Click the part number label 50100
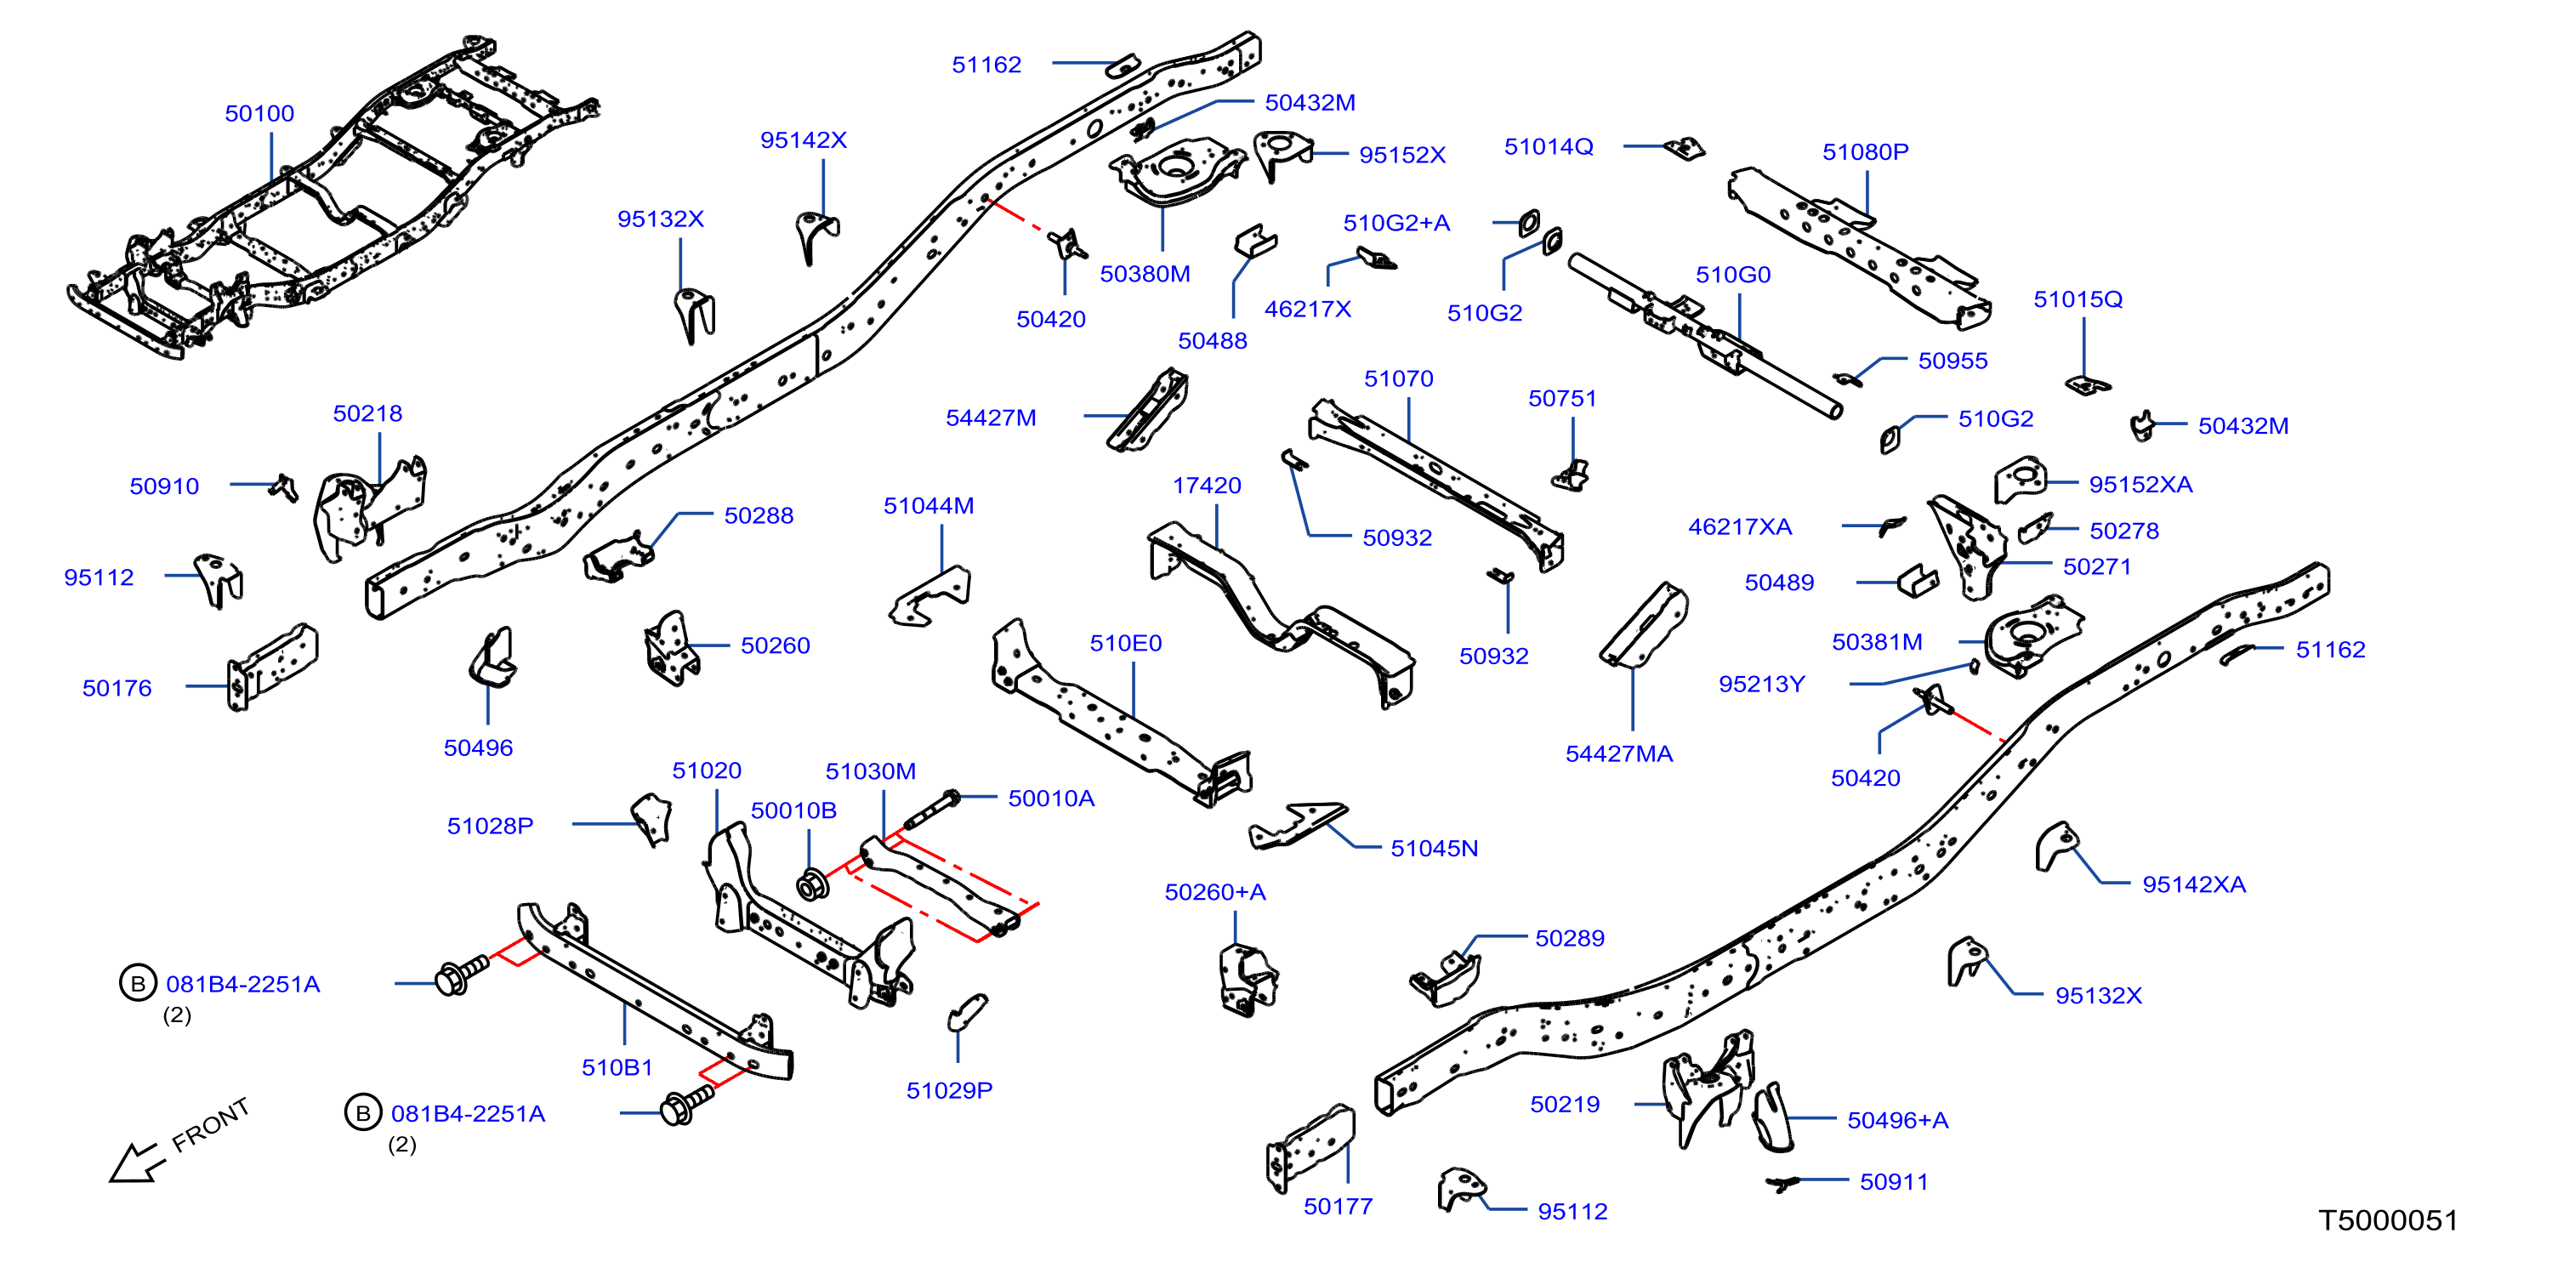(259, 113)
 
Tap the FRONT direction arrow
(135, 1163)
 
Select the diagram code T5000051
(2387, 1219)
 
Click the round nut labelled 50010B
(813, 884)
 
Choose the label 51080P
(1865, 152)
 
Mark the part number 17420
(1207, 486)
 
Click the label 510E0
(1125, 644)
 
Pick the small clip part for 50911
(1783, 1183)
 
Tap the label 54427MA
(1618, 753)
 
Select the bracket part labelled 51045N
(1297, 825)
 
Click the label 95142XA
(2193, 884)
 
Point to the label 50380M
(1144, 274)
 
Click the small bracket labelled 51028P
(652, 819)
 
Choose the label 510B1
(617, 1067)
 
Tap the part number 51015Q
(2078, 298)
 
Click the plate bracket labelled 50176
(272, 668)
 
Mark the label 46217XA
(1740, 527)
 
